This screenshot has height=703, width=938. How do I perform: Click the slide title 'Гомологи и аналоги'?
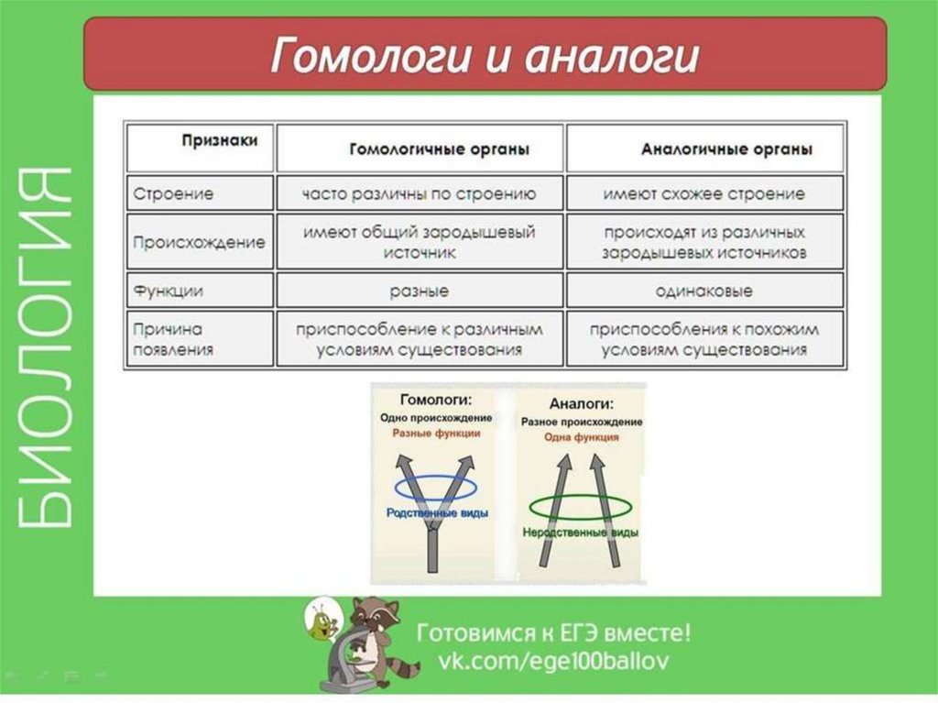click(x=485, y=56)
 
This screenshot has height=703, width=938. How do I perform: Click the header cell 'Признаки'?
click(x=219, y=140)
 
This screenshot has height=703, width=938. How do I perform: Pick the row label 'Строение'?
click(x=173, y=194)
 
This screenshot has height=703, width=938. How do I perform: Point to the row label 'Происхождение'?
click(x=199, y=243)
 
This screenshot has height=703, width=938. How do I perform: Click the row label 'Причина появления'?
click(x=173, y=338)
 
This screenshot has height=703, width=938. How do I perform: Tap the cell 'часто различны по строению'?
click(x=420, y=194)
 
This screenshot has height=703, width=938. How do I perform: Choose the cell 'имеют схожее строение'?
click(x=703, y=194)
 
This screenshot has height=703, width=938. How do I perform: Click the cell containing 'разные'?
click(x=419, y=291)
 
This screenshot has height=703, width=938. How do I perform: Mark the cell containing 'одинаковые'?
click(x=703, y=291)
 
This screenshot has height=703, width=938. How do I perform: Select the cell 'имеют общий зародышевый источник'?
click(x=419, y=242)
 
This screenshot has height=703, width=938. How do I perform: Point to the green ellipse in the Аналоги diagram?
click(x=573, y=506)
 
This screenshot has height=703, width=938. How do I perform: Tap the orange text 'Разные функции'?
click(x=435, y=433)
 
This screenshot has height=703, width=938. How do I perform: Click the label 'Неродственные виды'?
click(x=580, y=533)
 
